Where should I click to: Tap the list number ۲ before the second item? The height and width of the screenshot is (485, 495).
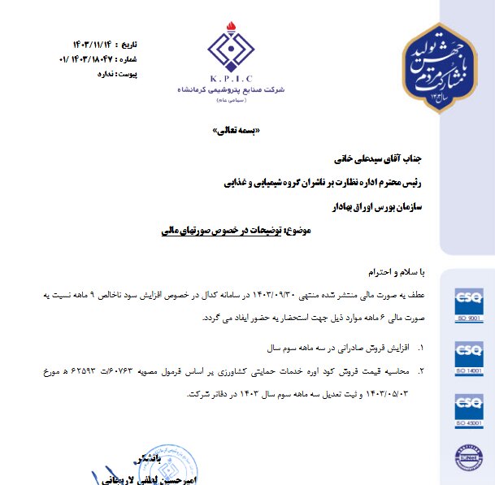pos(421,370)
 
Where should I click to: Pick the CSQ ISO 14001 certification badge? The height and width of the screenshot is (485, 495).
pos(469,358)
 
